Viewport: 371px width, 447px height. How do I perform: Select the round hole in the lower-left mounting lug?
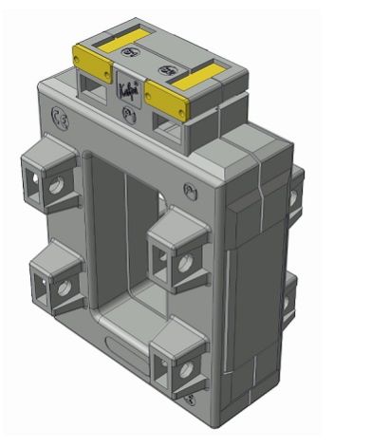[x=64, y=288]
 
